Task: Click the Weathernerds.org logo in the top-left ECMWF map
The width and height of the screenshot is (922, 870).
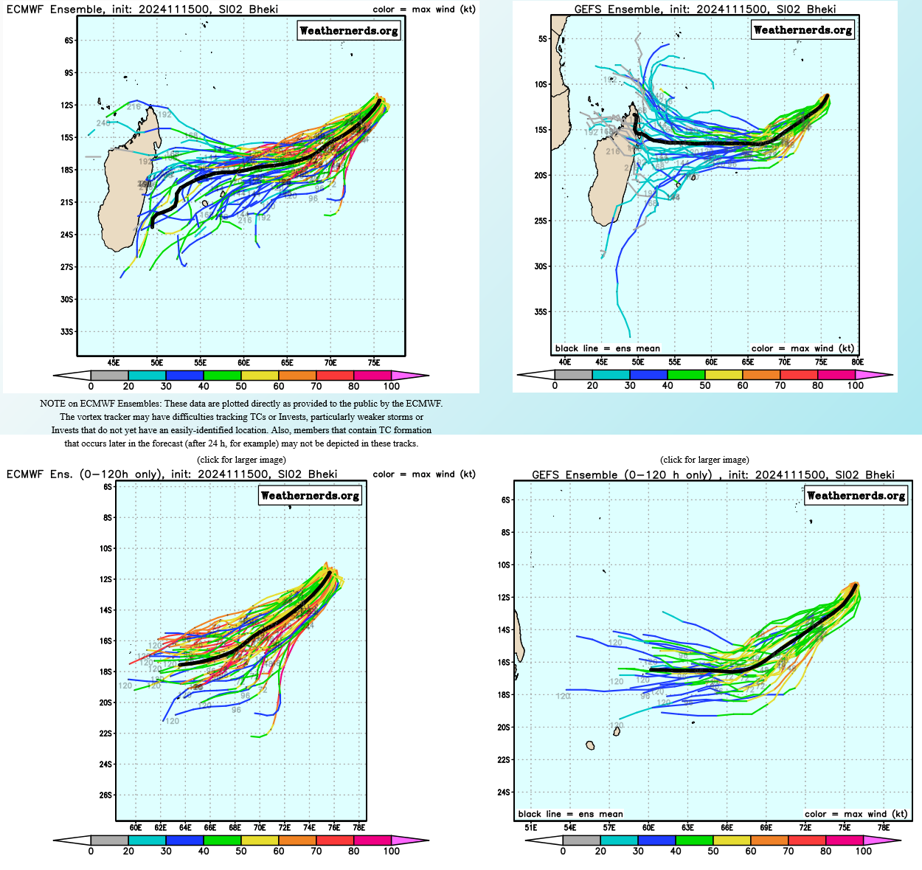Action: (x=349, y=31)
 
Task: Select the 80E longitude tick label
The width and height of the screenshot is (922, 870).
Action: (x=857, y=362)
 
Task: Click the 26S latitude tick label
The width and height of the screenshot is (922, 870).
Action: (x=107, y=795)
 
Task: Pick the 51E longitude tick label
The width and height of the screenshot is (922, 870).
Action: (x=531, y=828)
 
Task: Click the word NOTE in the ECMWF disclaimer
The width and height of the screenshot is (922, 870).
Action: (x=52, y=404)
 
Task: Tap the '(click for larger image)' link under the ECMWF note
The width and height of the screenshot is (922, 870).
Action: (x=241, y=460)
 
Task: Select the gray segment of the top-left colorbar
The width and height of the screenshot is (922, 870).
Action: (x=109, y=376)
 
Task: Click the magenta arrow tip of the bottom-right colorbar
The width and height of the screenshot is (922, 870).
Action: (x=889, y=840)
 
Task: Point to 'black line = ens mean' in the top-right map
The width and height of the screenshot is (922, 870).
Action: (x=607, y=348)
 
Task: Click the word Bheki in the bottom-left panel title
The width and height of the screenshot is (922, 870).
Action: (x=322, y=474)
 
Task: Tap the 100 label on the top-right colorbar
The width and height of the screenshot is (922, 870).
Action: (x=855, y=386)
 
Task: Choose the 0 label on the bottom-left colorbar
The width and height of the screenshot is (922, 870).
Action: (x=91, y=852)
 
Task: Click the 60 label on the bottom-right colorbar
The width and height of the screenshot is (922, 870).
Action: (x=751, y=852)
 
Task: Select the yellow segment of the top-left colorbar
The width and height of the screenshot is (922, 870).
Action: (x=260, y=376)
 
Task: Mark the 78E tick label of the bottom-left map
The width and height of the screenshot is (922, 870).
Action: (x=358, y=828)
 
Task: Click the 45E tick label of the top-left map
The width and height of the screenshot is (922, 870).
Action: (x=114, y=363)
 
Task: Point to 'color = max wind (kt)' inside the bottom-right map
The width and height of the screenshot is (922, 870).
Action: (x=856, y=814)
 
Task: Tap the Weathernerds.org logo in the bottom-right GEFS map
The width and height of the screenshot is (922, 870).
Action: (x=856, y=496)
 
